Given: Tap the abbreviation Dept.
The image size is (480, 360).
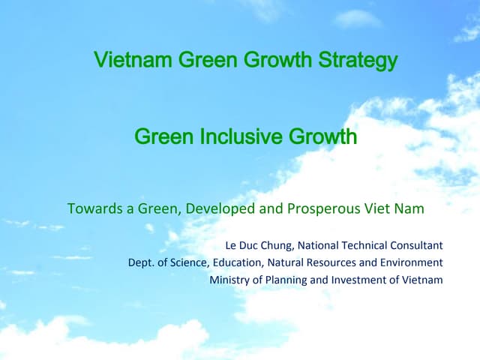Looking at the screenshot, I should (x=141, y=262).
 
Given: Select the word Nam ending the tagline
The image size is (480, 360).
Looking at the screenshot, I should (x=410, y=208).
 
